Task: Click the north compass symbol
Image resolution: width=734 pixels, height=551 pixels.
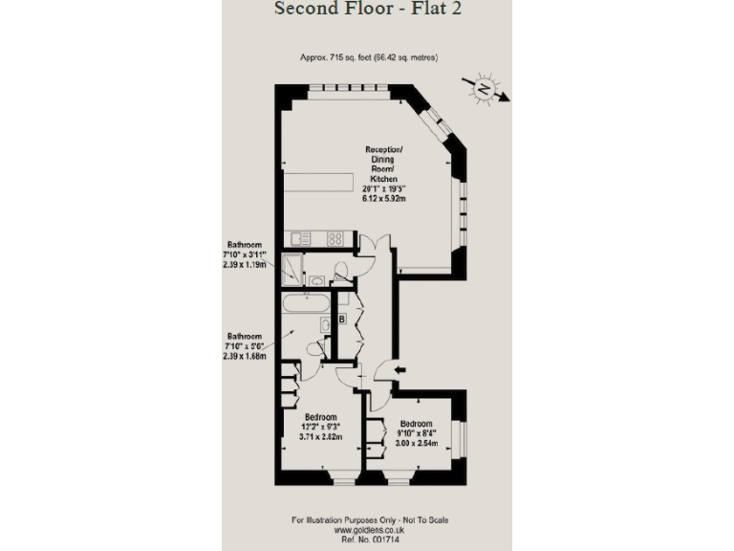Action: pyautogui.click(x=486, y=89)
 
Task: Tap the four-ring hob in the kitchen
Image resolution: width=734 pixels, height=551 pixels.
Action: pyautogui.click(x=335, y=238)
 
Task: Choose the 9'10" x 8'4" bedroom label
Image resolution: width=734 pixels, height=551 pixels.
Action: pyautogui.click(x=417, y=433)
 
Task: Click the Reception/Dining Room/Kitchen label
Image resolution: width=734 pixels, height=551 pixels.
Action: pyautogui.click(x=385, y=175)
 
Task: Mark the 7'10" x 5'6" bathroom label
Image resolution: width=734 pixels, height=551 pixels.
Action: pyautogui.click(x=245, y=346)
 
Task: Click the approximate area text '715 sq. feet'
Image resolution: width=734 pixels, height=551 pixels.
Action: pyautogui.click(x=369, y=58)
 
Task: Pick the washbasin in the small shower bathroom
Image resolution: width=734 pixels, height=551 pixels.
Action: pyautogui.click(x=316, y=280)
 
